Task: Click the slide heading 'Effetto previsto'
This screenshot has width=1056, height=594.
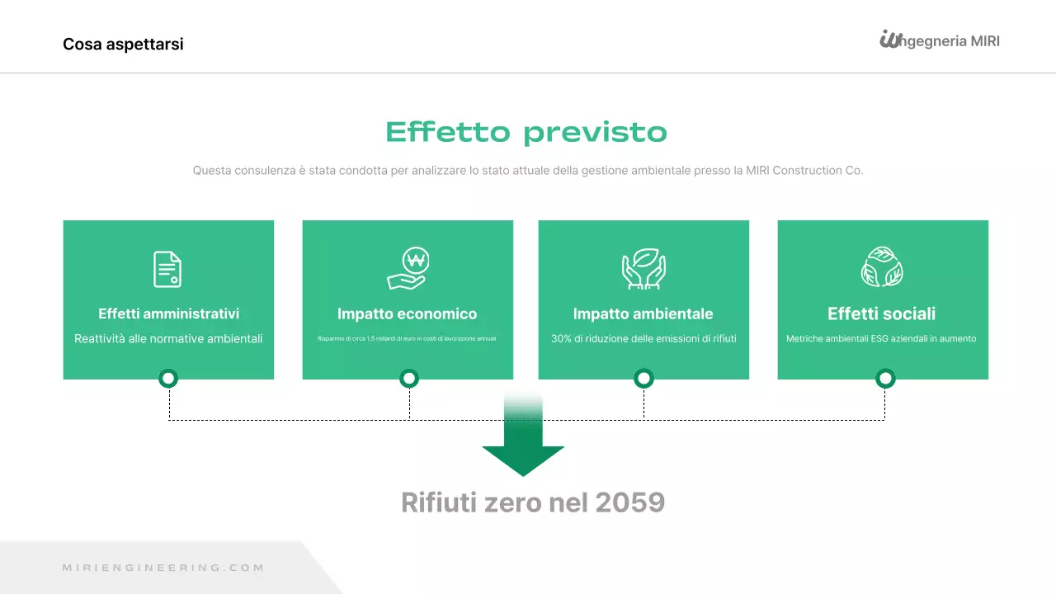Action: [x=526, y=132]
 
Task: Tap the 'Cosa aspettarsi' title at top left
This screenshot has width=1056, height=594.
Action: [x=123, y=44]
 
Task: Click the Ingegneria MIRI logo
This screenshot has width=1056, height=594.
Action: [x=939, y=40]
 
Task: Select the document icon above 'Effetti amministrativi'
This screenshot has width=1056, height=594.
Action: [x=167, y=269]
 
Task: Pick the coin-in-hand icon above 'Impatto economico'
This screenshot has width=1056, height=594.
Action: [x=408, y=269]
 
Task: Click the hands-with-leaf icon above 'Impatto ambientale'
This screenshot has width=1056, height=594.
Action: [x=643, y=269]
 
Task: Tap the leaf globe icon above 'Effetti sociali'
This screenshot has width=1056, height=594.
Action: [x=882, y=267]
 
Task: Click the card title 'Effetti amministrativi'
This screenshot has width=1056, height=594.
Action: [x=168, y=313]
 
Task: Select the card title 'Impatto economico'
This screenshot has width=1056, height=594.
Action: [x=407, y=313]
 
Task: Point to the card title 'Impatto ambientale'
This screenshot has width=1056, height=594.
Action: [x=643, y=313]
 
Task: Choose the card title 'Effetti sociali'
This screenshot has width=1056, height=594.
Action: [x=881, y=313]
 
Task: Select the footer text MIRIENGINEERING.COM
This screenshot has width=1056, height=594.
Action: [x=163, y=568]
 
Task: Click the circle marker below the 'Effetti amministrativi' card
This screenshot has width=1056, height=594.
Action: [x=168, y=379]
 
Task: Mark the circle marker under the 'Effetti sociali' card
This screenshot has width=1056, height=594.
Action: [x=885, y=379]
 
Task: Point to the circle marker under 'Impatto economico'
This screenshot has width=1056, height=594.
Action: [x=409, y=379]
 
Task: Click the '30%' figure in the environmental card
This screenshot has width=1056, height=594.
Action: [x=562, y=338]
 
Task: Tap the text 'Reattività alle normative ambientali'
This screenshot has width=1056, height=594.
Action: [x=168, y=338]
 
